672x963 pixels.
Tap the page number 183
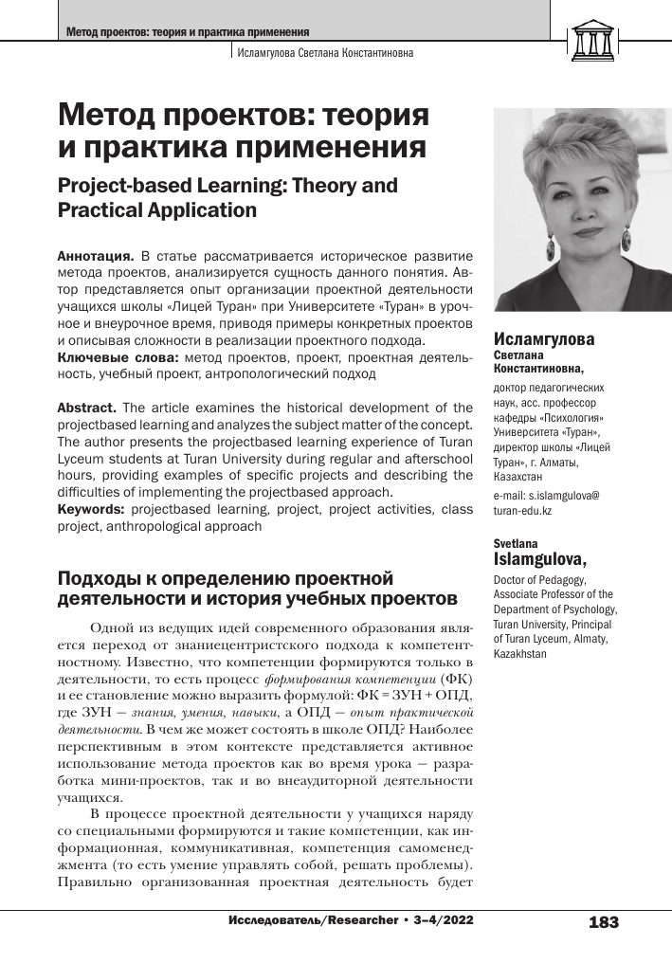point(604,922)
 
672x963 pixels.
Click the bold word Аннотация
point(96,256)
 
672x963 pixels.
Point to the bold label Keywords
point(91,509)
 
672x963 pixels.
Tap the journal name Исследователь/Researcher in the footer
point(312,920)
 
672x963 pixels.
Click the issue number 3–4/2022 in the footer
point(438,920)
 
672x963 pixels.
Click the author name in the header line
point(325,53)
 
